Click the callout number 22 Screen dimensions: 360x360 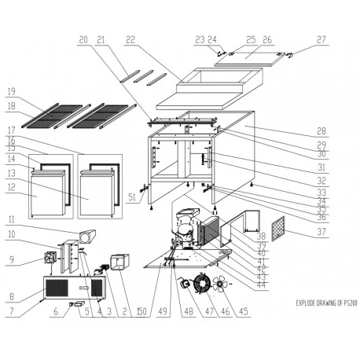tap(130, 39)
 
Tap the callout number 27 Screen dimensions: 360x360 tap(321, 39)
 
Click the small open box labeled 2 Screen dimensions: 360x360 tap(120, 262)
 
